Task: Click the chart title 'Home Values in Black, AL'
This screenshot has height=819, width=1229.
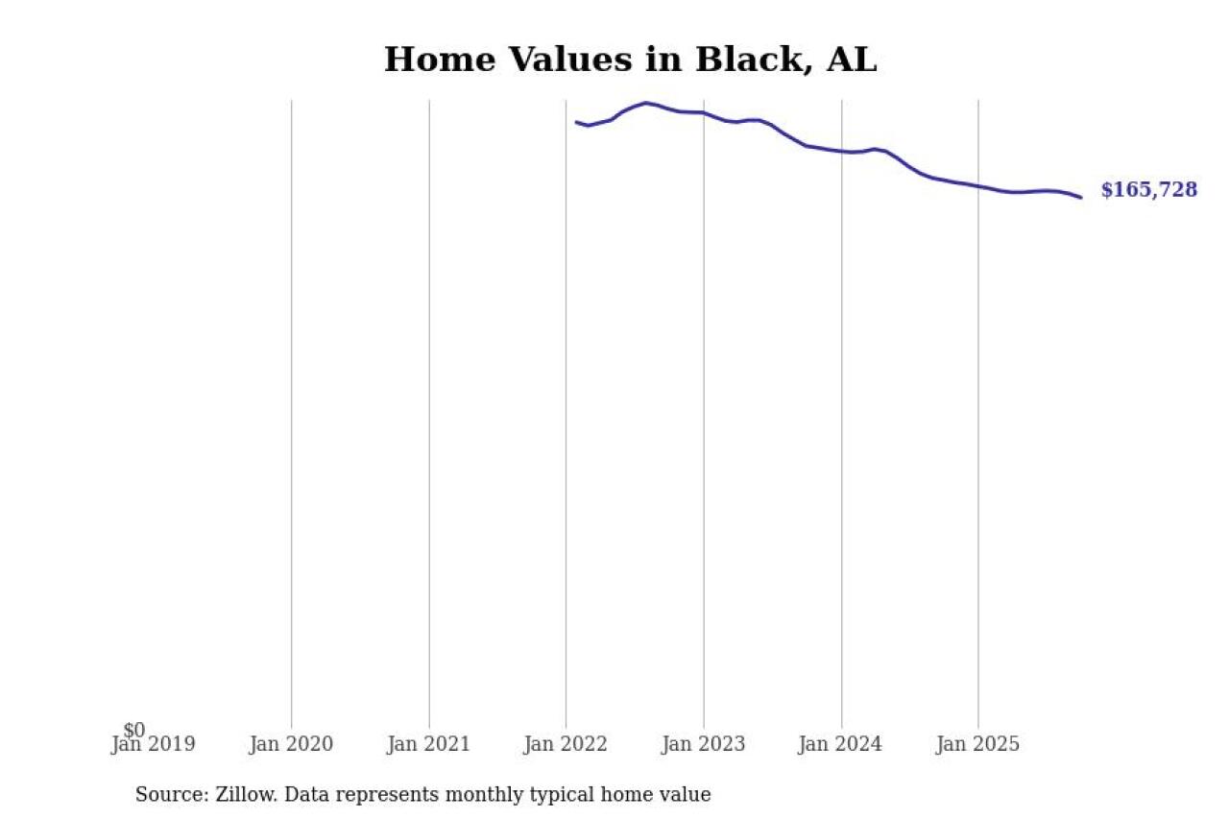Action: (x=630, y=60)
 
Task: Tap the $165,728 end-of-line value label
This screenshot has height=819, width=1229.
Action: (x=1148, y=190)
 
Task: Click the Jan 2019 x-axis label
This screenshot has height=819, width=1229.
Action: (x=153, y=744)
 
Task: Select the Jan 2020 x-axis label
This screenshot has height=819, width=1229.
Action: (x=291, y=744)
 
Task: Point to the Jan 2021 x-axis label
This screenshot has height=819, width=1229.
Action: (x=428, y=744)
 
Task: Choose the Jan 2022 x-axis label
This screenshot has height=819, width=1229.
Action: (x=566, y=744)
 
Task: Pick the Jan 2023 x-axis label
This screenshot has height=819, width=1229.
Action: (x=704, y=744)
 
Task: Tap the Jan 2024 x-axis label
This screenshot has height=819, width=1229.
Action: (x=841, y=744)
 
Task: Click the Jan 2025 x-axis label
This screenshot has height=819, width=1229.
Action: (x=978, y=744)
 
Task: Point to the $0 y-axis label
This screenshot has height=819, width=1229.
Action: (x=134, y=731)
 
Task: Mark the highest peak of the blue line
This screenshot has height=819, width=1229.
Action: (x=646, y=103)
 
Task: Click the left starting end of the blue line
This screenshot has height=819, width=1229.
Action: (x=576, y=122)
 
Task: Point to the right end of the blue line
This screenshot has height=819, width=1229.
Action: (x=1081, y=198)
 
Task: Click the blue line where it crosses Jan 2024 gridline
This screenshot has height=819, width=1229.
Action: (x=841, y=151)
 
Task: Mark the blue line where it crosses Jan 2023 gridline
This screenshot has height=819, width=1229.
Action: (x=704, y=113)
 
